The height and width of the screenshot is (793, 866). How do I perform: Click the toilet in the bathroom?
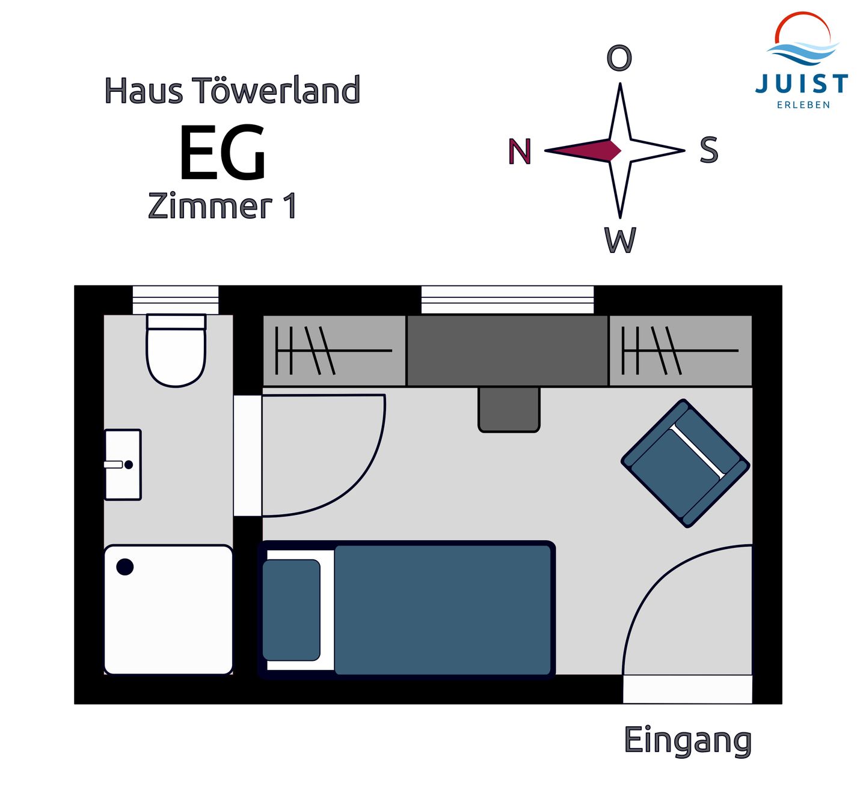(176, 354)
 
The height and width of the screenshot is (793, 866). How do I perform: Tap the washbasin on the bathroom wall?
(123, 464)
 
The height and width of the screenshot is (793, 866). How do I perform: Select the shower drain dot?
(125, 567)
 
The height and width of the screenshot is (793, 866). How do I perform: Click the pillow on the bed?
(291, 610)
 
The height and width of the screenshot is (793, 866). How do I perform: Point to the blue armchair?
(685, 463)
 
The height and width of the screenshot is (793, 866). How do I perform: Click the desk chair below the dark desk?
(509, 409)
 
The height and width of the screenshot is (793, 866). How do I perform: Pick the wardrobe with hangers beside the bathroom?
(334, 351)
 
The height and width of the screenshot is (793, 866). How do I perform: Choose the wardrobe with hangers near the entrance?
(680, 351)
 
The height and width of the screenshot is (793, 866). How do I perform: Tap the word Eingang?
(687, 741)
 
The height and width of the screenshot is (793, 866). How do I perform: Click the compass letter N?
(520, 151)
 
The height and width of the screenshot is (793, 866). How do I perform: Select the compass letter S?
(709, 150)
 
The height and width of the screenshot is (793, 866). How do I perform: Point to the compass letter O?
(619, 58)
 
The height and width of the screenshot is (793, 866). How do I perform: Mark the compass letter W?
(620, 241)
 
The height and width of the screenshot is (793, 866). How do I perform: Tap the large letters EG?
(223, 153)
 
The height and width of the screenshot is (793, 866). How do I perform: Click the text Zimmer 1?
(223, 206)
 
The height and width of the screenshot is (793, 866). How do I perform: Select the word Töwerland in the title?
(276, 91)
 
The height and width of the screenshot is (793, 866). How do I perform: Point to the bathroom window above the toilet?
(176, 299)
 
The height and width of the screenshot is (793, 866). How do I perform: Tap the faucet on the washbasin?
(113, 464)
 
